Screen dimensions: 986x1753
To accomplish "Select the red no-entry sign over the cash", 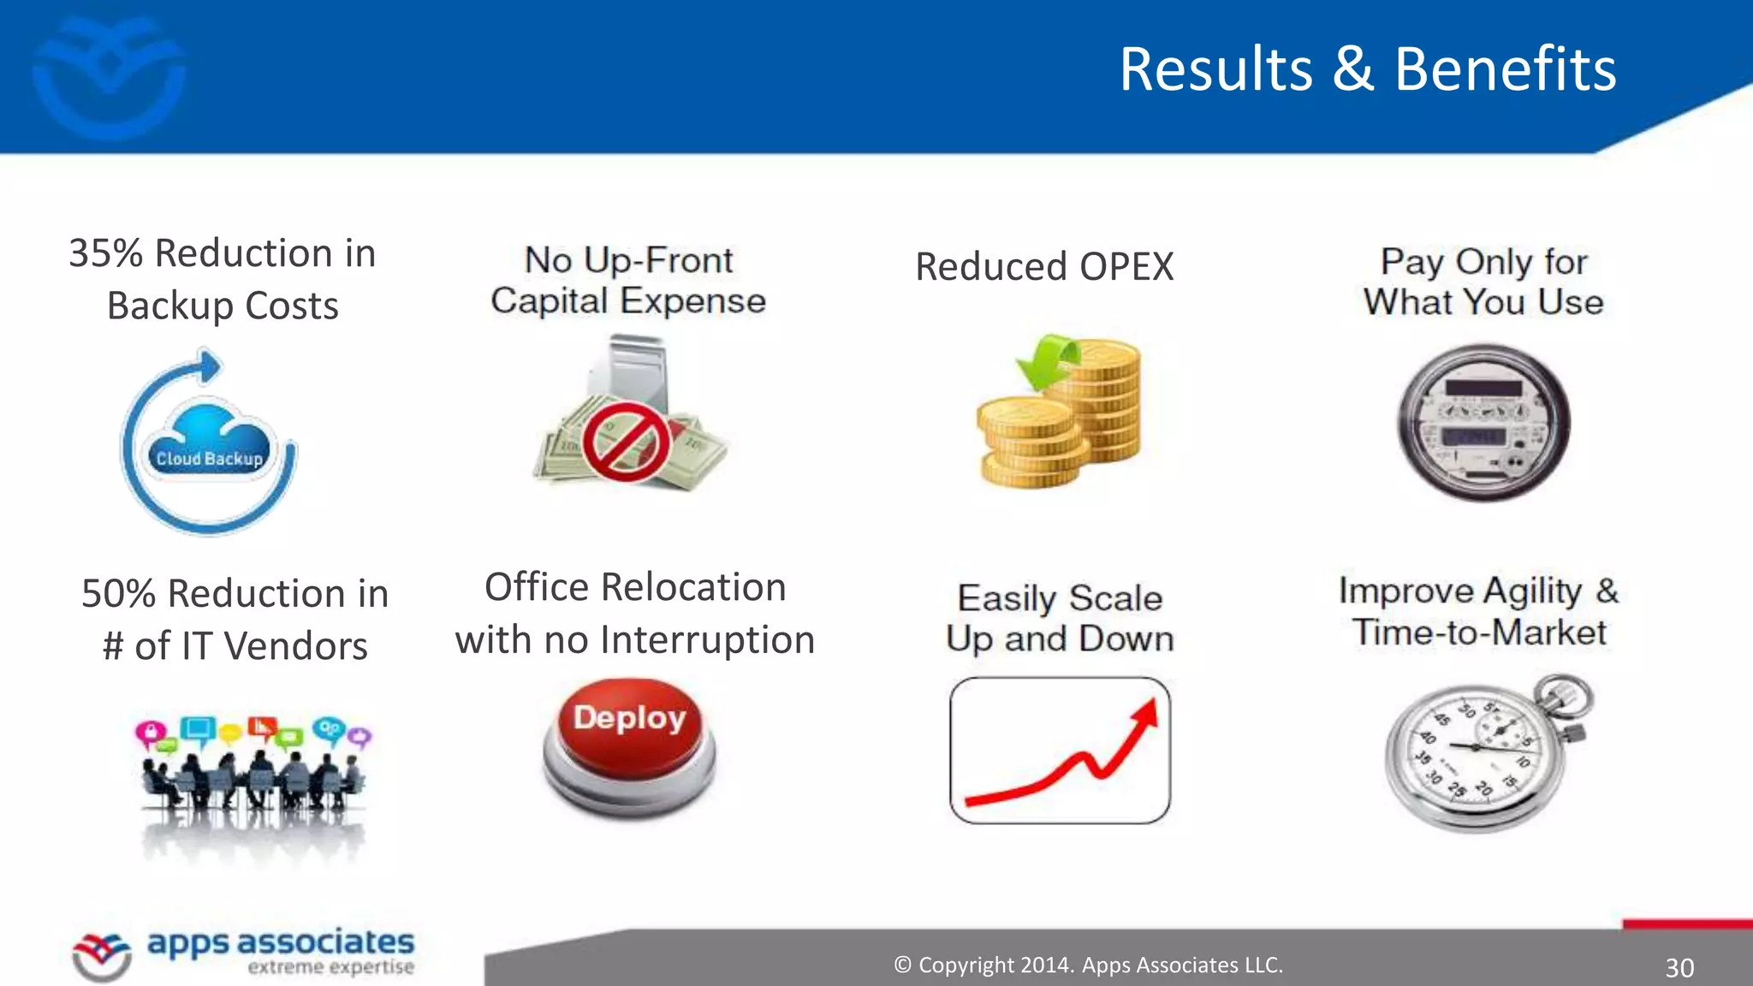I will [626, 442].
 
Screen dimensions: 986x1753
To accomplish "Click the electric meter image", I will [1483, 423].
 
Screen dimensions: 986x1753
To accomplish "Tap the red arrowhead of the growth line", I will [1145, 715].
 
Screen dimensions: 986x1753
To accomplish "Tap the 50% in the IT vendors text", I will [118, 594].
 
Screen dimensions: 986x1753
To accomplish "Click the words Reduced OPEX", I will [1044, 267].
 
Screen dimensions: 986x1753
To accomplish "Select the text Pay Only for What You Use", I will [1483, 282].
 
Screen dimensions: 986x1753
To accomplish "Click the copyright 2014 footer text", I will [1088, 965].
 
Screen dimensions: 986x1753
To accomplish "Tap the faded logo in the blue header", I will [109, 75].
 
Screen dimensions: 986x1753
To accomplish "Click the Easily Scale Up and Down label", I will [1060, 618].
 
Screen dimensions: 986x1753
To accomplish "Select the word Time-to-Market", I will [1479, 633].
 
